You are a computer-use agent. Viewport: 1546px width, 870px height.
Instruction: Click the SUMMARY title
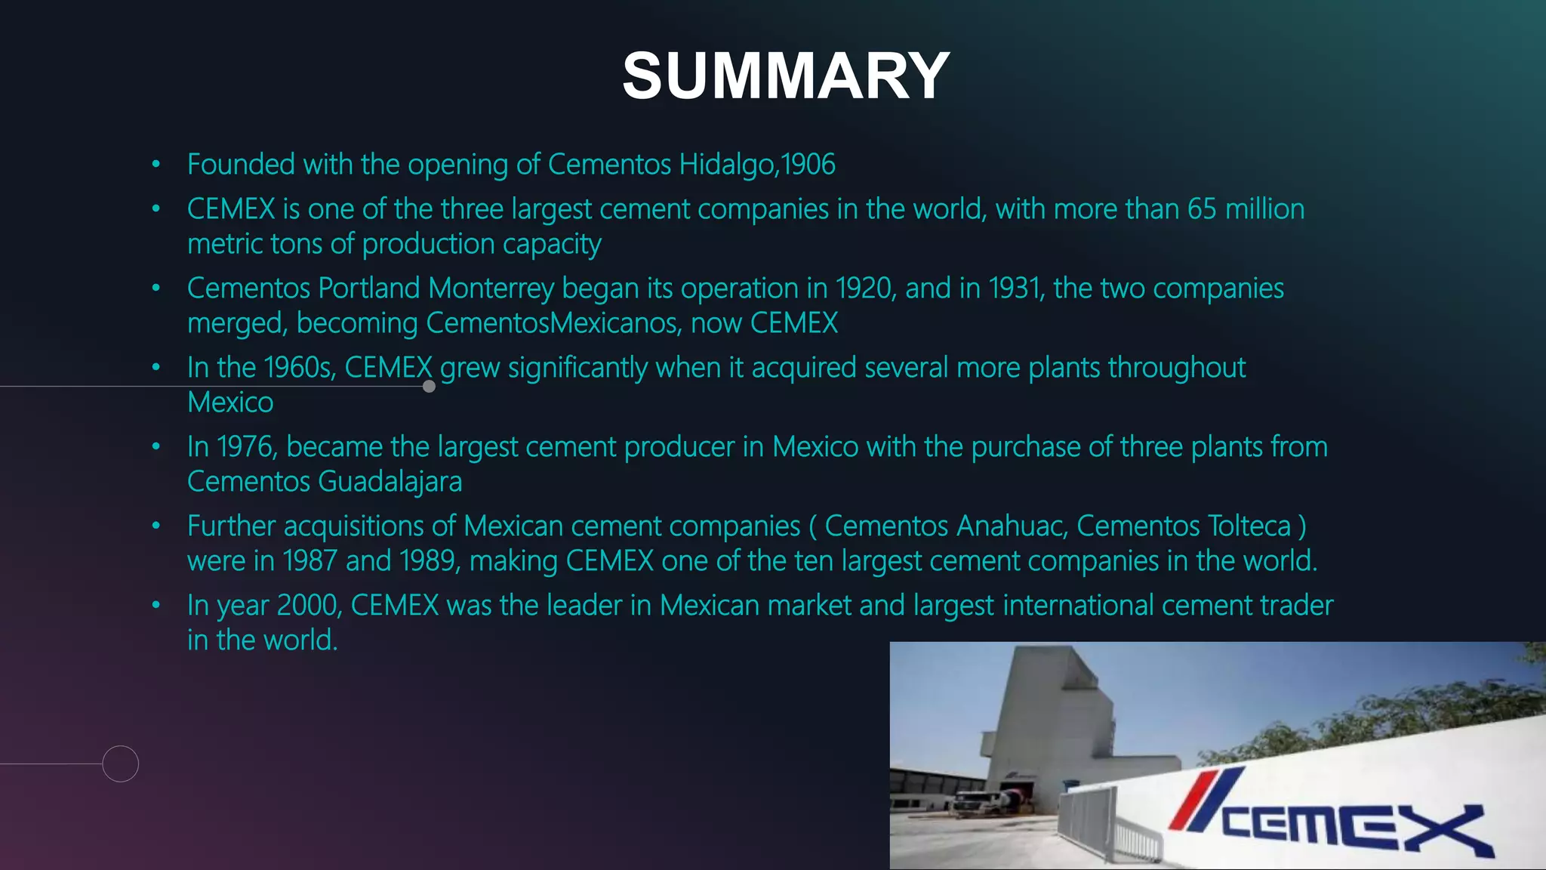786,76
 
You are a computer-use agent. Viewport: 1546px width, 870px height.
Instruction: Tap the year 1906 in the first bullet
808,164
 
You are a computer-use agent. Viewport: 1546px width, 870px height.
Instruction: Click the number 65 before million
1202,209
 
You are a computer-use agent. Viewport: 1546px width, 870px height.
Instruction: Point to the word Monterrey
491,288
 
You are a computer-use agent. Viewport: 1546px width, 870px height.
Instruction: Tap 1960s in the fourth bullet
298,368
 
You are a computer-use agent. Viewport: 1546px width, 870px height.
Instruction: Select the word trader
1293,606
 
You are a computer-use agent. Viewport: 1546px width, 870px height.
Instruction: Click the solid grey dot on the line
430,387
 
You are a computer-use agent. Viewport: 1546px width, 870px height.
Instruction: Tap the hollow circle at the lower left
121,764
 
